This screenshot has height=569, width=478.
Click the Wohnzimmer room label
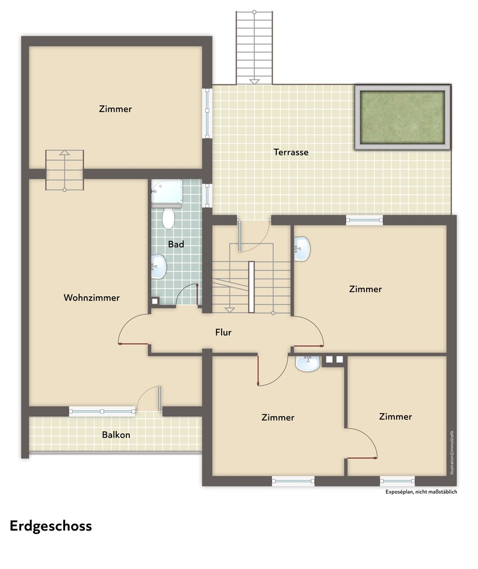coord(92,297)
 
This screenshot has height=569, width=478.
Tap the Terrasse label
coord(291,152)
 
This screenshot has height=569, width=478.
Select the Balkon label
coord(116,434)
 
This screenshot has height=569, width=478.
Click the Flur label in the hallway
coord(223,332)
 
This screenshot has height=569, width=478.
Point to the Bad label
coord(176,244)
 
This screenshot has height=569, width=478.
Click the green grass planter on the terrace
coord(402,117)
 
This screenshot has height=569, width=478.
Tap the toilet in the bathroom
coord(168,218)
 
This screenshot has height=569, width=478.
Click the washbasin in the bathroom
coord(158,267)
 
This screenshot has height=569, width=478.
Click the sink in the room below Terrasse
coord(302,249)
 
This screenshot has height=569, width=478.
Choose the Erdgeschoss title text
coord(51,526)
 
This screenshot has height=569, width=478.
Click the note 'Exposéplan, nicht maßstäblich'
coord(421,492)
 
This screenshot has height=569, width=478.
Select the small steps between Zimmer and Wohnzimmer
coord(64,170)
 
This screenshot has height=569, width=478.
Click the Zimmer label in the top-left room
coord(115,109)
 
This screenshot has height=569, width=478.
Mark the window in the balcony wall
coord(102,412)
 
